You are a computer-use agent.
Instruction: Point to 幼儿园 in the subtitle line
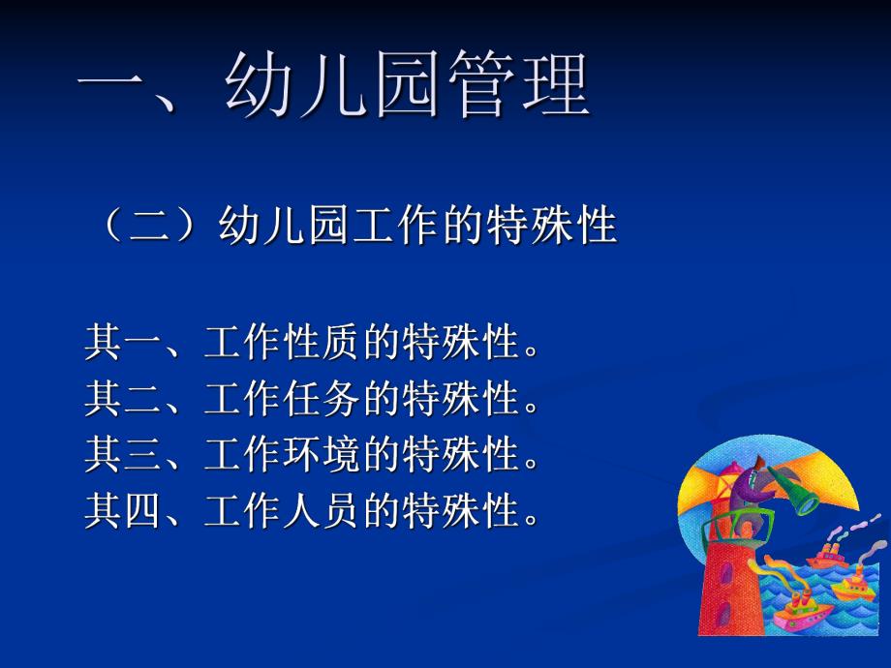pyautogui.click(x=279, y=228)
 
